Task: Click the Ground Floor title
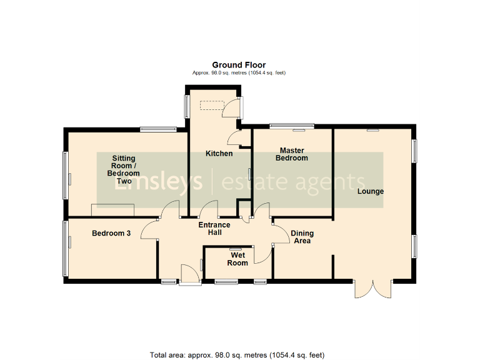click(239, 65)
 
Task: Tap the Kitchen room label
click(219, 154)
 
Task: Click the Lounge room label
click(370, 191)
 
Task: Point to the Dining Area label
click(303, 237)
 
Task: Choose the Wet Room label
click(237, 259)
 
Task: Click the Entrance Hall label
click(214, 229)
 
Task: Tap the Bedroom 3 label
click(111, 234)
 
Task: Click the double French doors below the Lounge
click(372, 289)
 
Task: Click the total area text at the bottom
click(237, 355)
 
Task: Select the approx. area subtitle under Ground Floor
click(239, 73)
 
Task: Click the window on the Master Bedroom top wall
click(291, 126)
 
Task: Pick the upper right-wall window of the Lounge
click(414, 151)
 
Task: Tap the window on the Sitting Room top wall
click(158, 129)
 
